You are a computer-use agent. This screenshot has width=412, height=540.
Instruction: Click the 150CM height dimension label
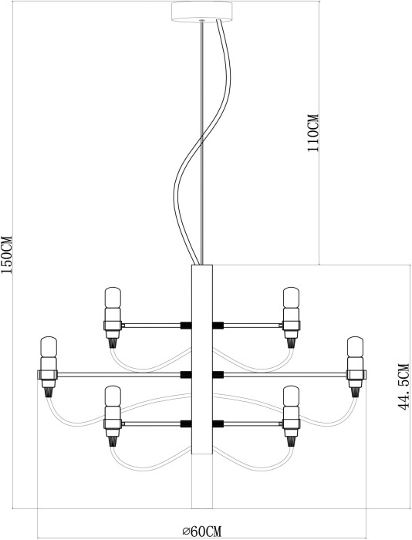point(6,255)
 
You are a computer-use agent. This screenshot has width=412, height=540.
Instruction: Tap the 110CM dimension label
point(313,133)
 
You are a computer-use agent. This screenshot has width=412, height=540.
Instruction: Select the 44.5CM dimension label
point(403,386)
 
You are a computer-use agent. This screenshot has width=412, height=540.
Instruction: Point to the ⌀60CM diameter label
point(202,531)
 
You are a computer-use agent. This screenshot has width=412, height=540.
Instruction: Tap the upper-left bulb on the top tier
point(113,298)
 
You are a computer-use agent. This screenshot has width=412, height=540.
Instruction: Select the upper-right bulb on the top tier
point(291,298)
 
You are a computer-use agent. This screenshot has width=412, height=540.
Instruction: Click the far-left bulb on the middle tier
point(49,347)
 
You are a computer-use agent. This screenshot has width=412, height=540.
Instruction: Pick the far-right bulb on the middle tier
point(355,347)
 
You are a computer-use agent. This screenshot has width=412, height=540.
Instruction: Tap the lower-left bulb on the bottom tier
point(113,397)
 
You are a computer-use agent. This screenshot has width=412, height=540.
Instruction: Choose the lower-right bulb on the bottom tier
point(291,397)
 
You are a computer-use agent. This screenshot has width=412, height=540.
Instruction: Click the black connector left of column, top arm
point(186,325)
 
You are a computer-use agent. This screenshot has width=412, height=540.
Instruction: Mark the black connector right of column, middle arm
point(218,374)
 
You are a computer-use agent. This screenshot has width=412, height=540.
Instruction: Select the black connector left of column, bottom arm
point(186,424)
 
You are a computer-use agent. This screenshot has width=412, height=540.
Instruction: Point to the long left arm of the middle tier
point(119,374)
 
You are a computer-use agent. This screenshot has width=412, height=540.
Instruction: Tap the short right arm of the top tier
point(253,325)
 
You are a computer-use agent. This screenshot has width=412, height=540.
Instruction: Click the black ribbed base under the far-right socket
point(355,392)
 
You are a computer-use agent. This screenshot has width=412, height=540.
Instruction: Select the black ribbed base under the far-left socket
point(49,392)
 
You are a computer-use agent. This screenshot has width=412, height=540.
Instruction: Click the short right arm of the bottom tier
point(253,424)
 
